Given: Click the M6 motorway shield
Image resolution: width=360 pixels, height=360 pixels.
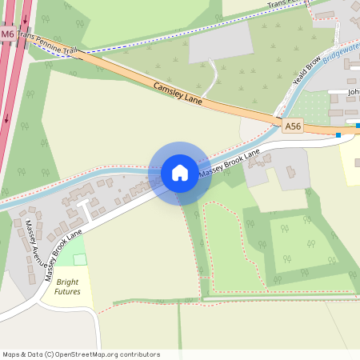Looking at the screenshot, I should click(x=7, y=34).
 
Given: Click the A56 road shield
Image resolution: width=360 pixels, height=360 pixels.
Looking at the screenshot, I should click(x=293, y=126).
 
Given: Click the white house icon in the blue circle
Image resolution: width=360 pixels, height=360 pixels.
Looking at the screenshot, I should click(x=180, y=173).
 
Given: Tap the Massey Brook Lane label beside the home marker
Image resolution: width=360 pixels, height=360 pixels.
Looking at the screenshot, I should click(x=230, y=162).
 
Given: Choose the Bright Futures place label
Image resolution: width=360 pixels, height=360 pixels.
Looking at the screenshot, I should click(x=67, y=286).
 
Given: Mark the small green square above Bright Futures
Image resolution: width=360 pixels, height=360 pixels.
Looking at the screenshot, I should click(x=80, y=259).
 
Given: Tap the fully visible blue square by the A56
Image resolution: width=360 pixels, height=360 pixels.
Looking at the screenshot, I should click(x=339, y=135).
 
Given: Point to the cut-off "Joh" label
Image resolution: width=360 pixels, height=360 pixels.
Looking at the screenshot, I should click(x=354, y=92).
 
